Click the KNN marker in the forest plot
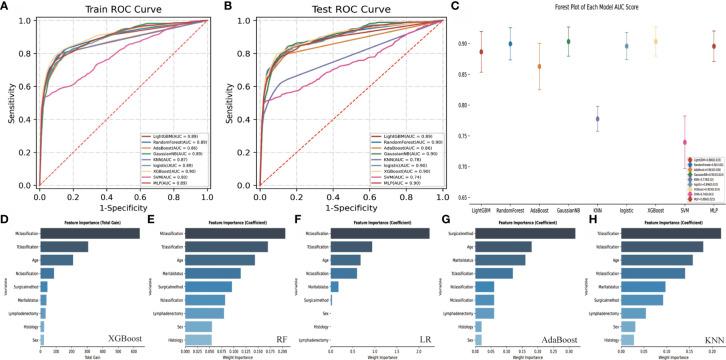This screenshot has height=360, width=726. pos(597,118)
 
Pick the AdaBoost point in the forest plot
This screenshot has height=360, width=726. pos(540,67)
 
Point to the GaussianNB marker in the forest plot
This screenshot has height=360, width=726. pos(568,42)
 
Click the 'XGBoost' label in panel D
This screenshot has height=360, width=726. pos(121,340)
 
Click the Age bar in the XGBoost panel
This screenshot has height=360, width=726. pos(58,260)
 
